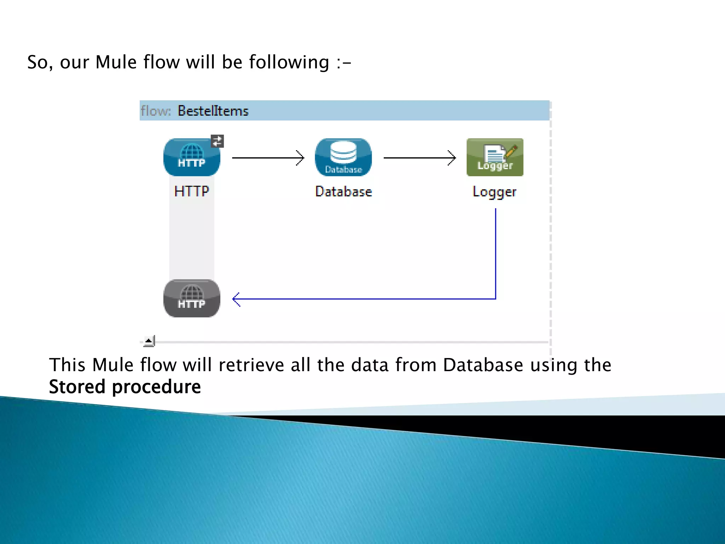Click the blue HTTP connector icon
[x=192, y=157]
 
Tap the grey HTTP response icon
[x=192, y=298]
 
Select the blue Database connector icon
[x=343, y=157]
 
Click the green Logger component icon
[x=495, y=157]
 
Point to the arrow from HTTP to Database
[x=268, y=158]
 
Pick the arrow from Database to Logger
[x=419, y=158]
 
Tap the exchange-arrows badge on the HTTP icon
[x=217, y=141]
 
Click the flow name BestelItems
[x=213, y=111]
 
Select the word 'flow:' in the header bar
[x=155, y=111]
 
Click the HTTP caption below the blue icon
[x=192, y=191]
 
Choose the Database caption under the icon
[x=343, y=192]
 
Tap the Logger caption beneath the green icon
[x=495, y=192]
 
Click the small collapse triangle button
[x=149, y=341]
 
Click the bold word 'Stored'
[x=77, y=386]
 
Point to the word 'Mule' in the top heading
[x=116, y=62]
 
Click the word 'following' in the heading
[x=289, y=63]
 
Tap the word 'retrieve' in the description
[x=251, y=365]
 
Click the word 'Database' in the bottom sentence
[x=483, y=365]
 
